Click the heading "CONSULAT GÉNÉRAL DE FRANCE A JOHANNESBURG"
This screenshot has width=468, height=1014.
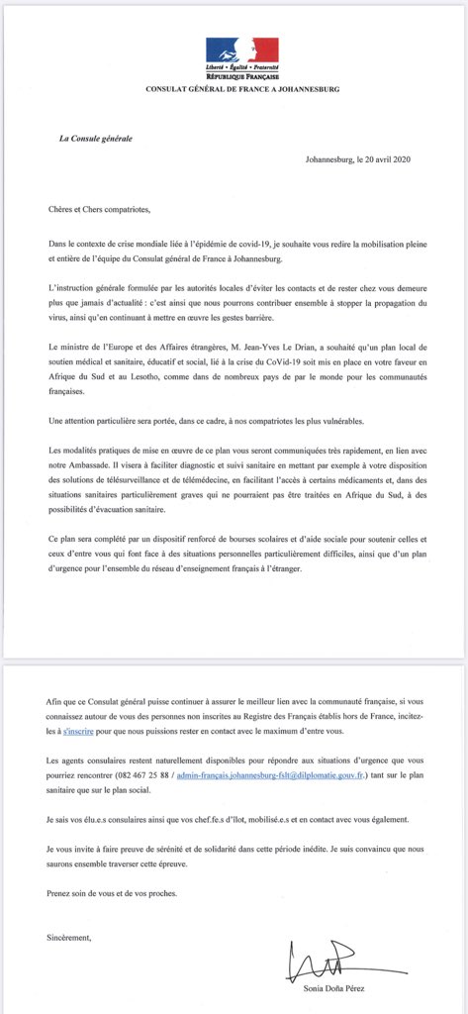click(242, 88)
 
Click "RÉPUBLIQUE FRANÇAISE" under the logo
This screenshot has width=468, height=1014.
click(242, 74)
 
